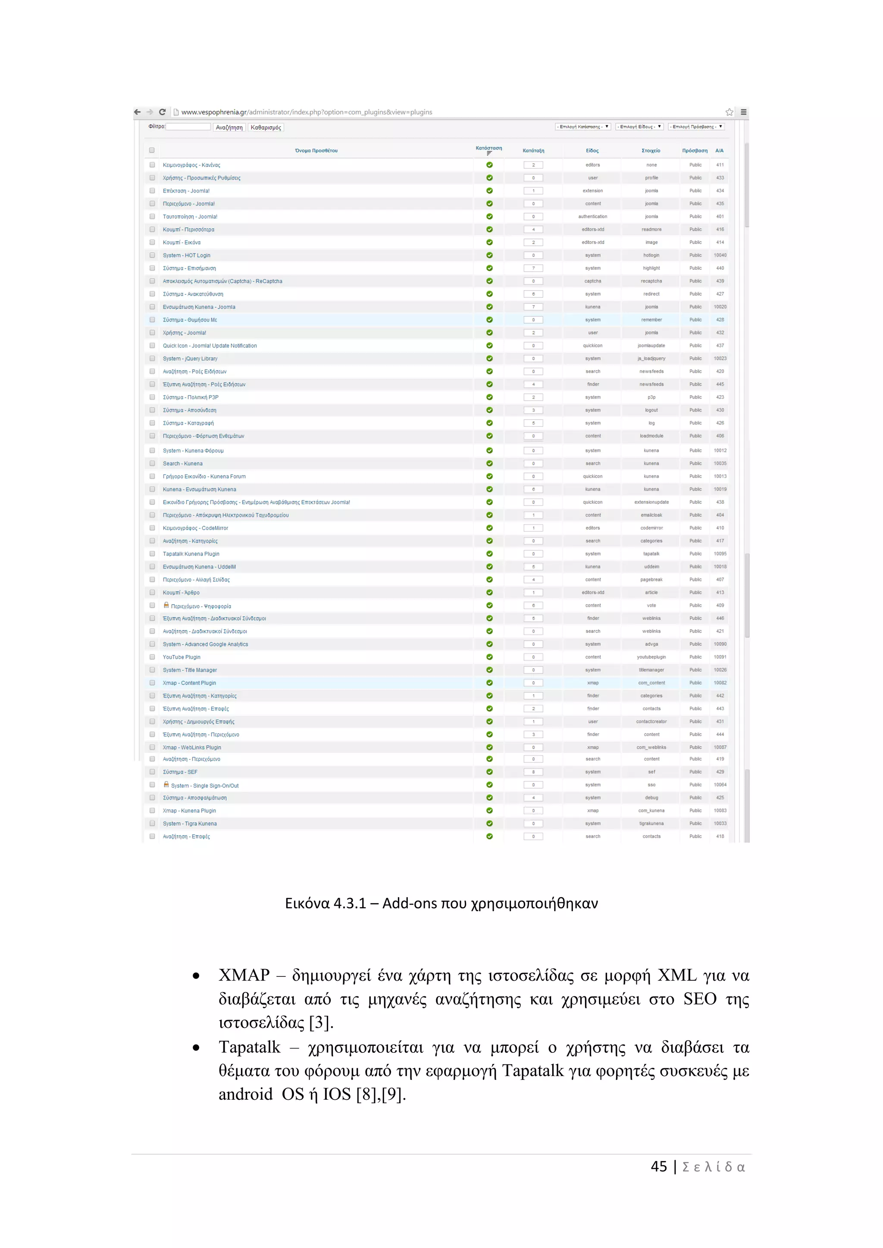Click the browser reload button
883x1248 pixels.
pos(162,112)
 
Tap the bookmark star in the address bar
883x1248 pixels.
pos(729,112)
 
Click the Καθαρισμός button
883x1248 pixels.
pos(266,128)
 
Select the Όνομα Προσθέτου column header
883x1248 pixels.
pos(316,150)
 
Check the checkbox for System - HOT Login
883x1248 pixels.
pos(152,256)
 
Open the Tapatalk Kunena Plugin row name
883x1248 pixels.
pos(191,554)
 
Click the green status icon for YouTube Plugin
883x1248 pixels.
pos(489,657)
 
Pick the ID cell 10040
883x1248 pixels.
pos(720,256)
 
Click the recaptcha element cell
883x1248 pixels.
pos(651,281)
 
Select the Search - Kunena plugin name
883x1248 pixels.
pos(183,464)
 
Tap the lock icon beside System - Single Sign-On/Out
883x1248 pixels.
pos(166,784)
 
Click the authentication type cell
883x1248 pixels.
pos(593,216)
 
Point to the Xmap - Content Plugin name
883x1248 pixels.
pos(189,683)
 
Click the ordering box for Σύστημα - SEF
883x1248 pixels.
pos(533,772)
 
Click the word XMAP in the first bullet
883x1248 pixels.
pos(244,975)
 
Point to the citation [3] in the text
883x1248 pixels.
pos(321,1023)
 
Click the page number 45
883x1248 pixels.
pos(658,1167)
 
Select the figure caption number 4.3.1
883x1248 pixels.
pos(350,903)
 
